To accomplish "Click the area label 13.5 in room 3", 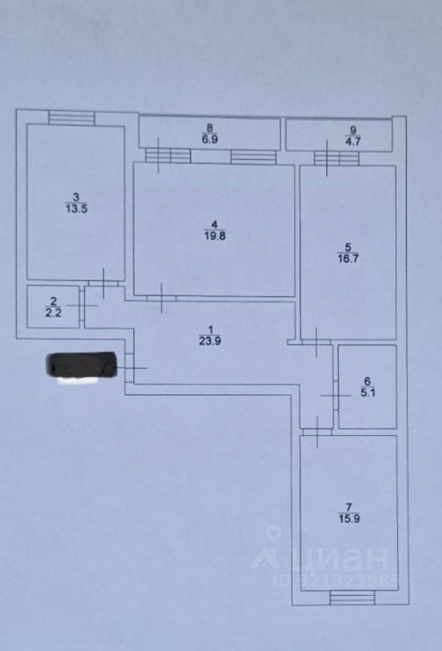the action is (75, 209).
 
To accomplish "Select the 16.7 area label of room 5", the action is (347, 256).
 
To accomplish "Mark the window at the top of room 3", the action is (71, 119).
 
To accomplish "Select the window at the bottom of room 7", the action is (352, 598).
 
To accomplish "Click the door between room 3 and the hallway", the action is (103, 283).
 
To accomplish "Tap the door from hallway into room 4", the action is (162, 297).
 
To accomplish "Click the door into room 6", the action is (335, 395).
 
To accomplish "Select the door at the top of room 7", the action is (317, 431).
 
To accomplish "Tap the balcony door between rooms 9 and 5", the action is (335, 158).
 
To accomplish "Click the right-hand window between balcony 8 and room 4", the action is (253, 157).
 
